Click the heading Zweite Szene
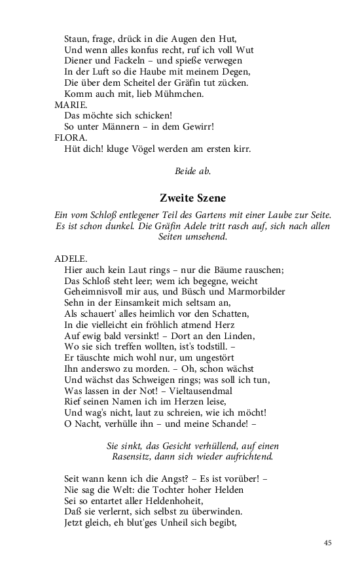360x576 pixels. pos(193,198)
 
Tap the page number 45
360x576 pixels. pos(328,543)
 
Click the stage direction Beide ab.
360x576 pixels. pos(193,171)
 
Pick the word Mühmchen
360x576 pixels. pos(168,94)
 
